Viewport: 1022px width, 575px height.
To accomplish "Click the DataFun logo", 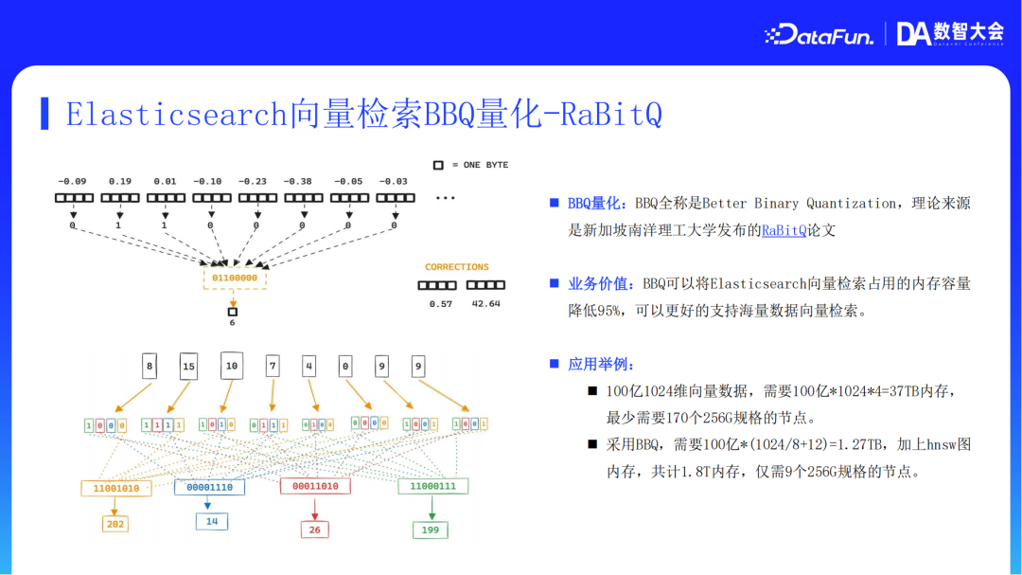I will [818, 35].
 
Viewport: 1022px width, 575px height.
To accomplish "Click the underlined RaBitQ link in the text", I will [784, 230].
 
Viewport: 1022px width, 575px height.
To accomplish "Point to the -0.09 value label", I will [72, 181].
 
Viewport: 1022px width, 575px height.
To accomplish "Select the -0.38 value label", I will [302, 181].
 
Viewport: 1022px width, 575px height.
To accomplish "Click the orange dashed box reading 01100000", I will [235, 279].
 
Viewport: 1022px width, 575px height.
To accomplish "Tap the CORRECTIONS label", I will [456, 267].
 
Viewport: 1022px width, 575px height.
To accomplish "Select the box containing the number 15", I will [188, 366].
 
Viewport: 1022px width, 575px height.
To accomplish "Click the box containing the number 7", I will [273, 366].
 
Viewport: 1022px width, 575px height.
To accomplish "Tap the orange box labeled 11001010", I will [116, 488].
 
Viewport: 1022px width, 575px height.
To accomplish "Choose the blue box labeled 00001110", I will [209, 486].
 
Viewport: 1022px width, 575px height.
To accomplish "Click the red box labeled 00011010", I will [315, 486].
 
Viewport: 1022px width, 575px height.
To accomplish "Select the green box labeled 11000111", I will [432, 486].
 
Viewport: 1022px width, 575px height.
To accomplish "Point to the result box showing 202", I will [115, 524].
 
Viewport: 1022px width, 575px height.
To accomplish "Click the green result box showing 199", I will [430, 530].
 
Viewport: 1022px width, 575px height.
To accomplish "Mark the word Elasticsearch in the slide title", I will [176, 114].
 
